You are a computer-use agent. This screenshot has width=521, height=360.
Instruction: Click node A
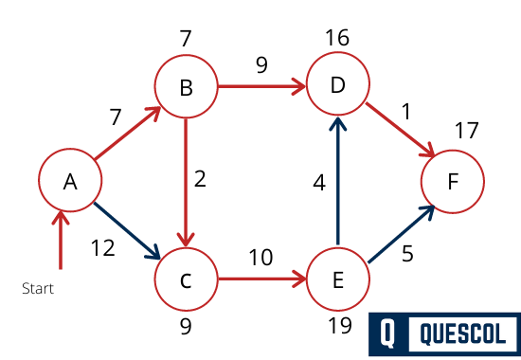point(69,181)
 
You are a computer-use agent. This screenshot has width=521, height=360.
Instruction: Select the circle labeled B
point(186,89)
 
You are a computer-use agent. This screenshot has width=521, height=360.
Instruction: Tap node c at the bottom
point(186,280)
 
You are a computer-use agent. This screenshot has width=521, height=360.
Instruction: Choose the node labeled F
point(453,181)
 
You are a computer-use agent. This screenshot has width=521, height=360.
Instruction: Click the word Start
point(38,288)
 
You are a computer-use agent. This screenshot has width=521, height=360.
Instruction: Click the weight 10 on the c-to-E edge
point(261,256)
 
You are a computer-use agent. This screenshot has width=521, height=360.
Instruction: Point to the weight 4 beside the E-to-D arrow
point(319,183)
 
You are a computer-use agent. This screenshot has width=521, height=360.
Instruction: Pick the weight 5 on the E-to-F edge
point(407,255)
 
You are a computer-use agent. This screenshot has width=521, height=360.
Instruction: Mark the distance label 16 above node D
point(336,38)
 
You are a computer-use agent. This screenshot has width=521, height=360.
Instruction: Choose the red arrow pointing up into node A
point(62,242)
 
